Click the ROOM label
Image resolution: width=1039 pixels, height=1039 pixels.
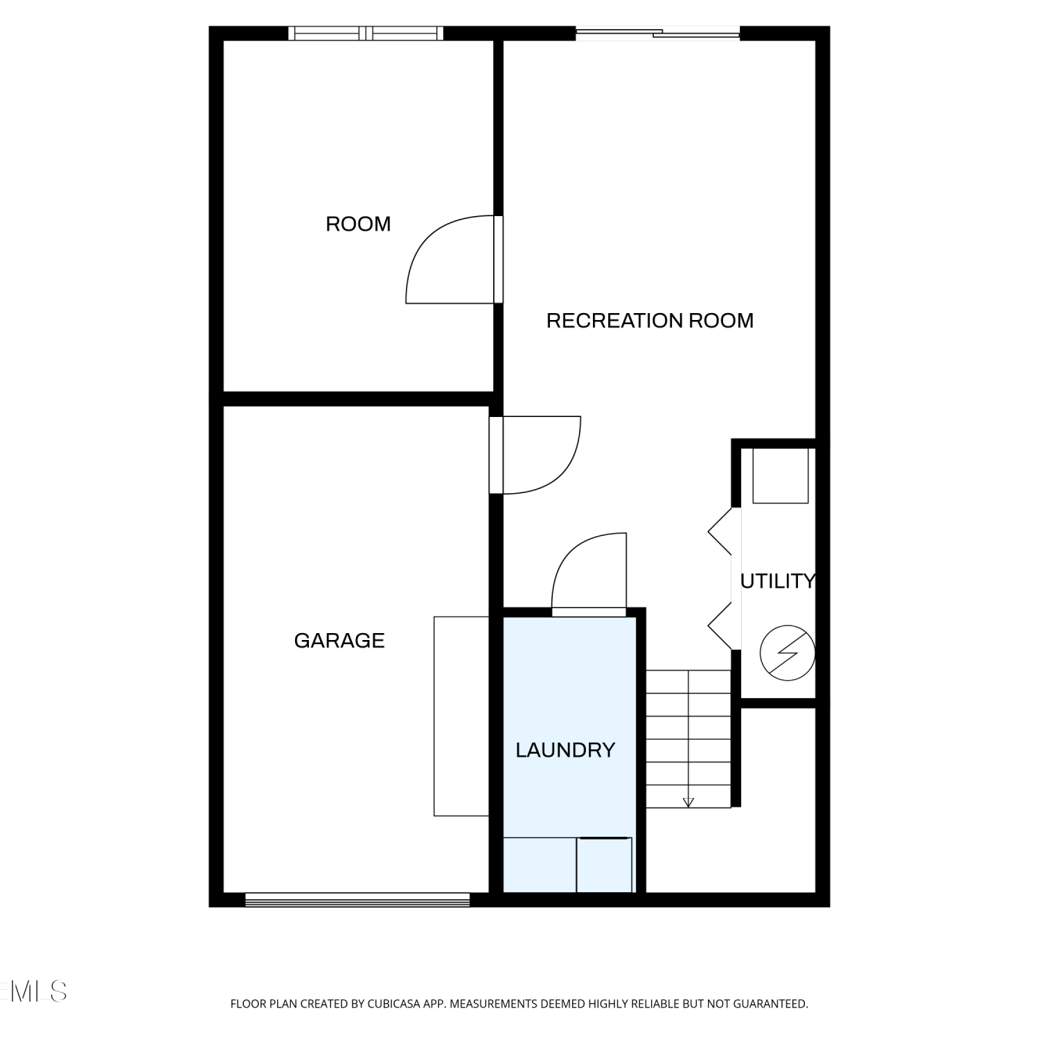click(358, 224)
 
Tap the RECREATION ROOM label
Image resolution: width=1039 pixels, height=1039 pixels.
click(650, 320)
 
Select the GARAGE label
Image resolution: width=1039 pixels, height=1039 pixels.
click(339, 640)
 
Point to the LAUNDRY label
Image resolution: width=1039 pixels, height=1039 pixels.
click(565, 749)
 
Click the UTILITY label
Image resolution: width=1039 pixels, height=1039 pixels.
click(778, 581)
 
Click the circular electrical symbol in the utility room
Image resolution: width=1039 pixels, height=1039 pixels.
click(787, 653)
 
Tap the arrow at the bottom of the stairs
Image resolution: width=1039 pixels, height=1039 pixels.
click(688, 802)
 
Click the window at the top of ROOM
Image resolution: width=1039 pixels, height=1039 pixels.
click(366, 33)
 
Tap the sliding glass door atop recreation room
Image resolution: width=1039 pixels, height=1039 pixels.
click(658, 33)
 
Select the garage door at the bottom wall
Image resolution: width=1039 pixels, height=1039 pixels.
click(357, 900)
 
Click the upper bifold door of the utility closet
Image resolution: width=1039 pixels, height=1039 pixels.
click(720, 532)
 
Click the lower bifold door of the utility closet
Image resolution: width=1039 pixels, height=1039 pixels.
click(720, 626)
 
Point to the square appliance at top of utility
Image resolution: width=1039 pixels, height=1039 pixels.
click(781, 476)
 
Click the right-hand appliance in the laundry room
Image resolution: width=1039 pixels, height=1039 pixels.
click(605, 865)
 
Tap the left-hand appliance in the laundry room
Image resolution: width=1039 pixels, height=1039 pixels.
click(540, 865)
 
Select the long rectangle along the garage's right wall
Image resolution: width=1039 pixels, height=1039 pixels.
click(461, 716)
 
